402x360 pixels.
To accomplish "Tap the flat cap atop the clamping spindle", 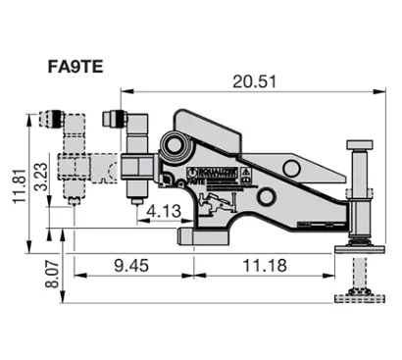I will pyautogui.click(x=359, y=147).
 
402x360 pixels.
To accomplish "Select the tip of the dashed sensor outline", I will pyautogui.click(x=76, y=207).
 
